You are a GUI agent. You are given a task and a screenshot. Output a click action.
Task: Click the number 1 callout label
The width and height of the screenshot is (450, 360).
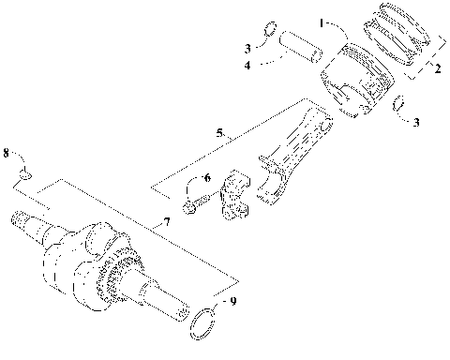coord(322,21)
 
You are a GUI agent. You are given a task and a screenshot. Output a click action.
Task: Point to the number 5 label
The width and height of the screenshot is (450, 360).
coord(219,133)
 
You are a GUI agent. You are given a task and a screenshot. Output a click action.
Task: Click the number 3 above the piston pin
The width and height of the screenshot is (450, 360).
coord(247,46)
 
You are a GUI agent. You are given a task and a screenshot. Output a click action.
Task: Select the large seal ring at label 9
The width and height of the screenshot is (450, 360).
coord(203,323)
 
